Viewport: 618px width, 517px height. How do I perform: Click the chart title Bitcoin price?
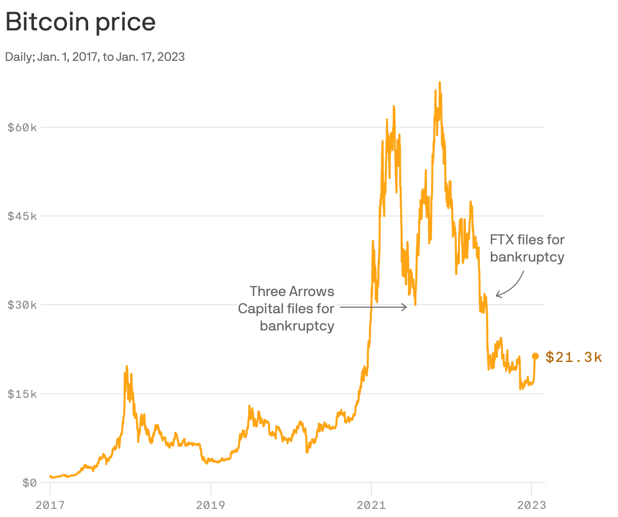click(81, 22)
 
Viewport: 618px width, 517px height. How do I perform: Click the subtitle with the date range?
click(95, 57)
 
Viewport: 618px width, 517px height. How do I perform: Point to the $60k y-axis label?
click(22, 127)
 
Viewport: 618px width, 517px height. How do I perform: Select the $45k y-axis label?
click(22, 216)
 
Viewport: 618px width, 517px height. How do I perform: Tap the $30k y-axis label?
click(22, 305)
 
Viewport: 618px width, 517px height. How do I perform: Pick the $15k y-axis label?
click(22, 394)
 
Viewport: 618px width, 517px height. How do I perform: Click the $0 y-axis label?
click(29, 483)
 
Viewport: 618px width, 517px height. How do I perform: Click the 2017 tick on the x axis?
click(50, 505)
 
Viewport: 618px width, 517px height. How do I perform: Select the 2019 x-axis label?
click(210, 505)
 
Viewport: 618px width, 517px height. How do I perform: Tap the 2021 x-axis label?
click(371, 505)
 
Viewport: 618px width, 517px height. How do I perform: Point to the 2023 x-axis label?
click(531, 505)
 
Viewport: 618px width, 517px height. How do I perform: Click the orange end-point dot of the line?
click(535, 356)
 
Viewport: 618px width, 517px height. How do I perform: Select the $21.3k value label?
click(574, 357)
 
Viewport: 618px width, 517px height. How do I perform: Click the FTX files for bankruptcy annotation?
click(527, 248)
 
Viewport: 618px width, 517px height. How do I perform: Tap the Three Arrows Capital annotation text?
click(286, 308)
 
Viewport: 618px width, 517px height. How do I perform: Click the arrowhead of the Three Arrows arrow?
click(405, 307)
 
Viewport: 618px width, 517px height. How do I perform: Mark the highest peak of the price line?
click(439, 82)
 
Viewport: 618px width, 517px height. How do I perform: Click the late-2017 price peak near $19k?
click(126, 366)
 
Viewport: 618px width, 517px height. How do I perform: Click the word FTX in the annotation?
click(501, 240)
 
